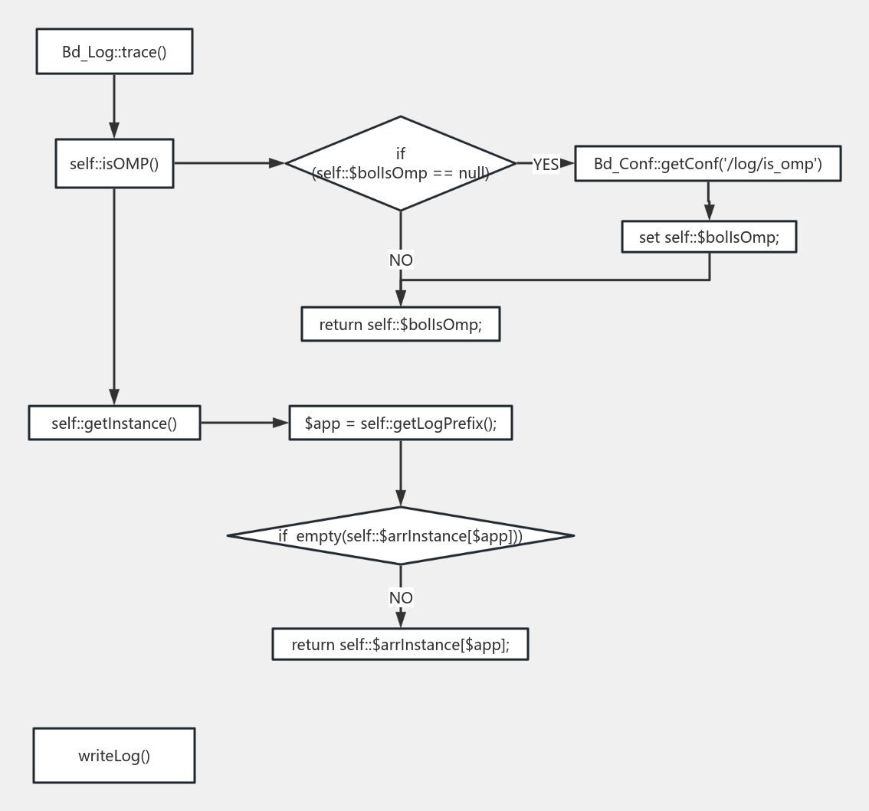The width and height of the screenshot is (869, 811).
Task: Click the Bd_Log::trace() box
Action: tap(114, 51)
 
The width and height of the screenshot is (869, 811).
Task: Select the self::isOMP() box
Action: tap(114, 163)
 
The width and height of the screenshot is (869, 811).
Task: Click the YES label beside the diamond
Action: tap(546, 164)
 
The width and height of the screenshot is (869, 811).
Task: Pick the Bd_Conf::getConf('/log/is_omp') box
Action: tap(707, 164)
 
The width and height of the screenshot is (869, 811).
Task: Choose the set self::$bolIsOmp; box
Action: tap(709, 237)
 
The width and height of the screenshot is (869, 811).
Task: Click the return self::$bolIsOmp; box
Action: tap(400, 324)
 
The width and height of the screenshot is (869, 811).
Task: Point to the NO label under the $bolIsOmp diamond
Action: tap(401, 260)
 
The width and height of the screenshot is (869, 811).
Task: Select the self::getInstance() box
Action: tap(114, 423)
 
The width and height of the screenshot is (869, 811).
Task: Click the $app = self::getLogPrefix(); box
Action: tap(400, 423)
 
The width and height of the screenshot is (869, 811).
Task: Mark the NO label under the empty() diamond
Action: tap(401, 597)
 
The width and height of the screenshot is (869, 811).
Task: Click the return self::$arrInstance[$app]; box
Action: tap(400, 644)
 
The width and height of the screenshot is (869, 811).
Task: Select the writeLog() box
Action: tap(114, 756)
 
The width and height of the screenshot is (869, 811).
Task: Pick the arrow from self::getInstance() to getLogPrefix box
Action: tap(244, 422)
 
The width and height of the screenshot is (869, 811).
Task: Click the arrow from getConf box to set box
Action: tap(709, 201)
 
